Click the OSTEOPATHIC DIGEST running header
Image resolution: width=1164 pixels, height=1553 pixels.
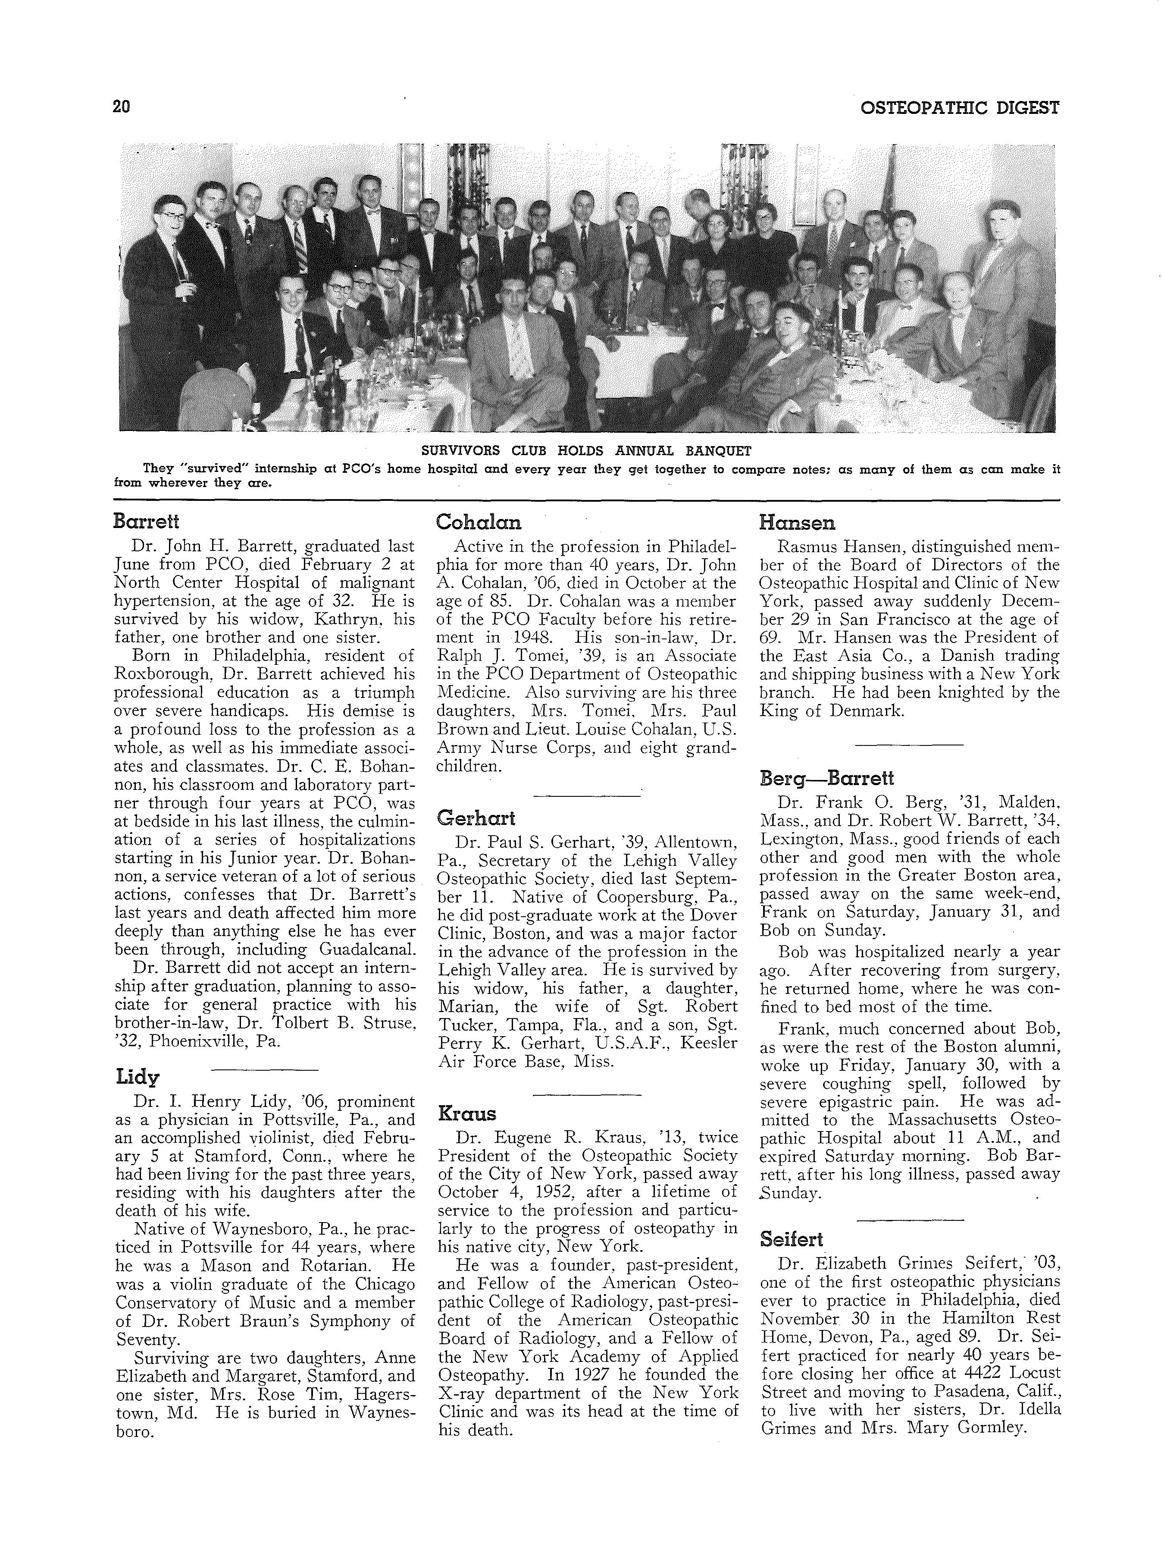tap(959, 108)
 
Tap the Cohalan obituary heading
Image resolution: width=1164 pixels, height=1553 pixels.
tap(479, 522)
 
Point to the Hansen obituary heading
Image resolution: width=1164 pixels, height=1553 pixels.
tap(798, 523)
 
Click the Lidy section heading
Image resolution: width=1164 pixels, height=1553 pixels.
tap(138, 1077)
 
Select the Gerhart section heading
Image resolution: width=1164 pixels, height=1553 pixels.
tap(476, 818)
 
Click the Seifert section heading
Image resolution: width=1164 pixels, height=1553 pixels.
tap(792, 1240)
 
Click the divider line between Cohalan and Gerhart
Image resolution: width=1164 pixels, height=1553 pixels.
tap(587, 795)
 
